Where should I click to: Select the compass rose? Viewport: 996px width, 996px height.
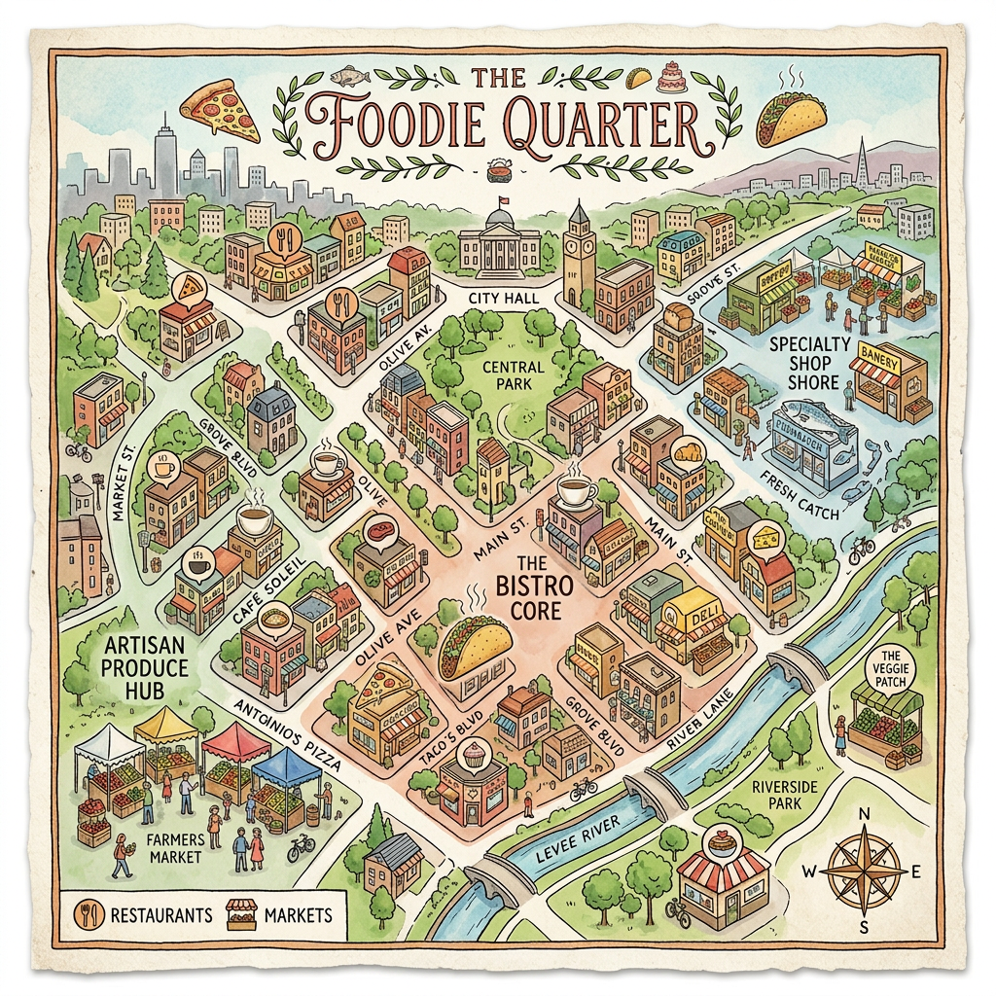[862, 870]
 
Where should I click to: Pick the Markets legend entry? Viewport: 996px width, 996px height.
[282, 914]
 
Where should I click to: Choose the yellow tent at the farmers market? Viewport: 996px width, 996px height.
[165, 728]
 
